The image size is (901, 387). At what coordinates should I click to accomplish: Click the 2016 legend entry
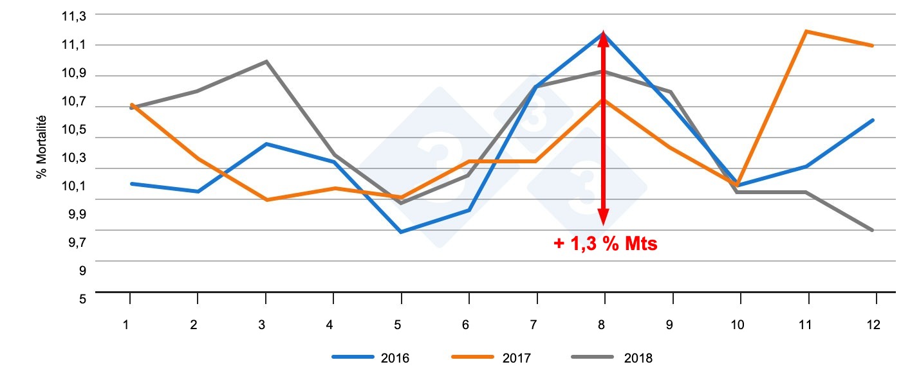tap(371, 358)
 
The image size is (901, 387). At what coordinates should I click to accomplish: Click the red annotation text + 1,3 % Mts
tap(606, 244)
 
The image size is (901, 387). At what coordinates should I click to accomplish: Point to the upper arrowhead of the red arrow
tap(604, 39)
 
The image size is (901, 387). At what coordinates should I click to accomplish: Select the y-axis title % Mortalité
tap(42, 147)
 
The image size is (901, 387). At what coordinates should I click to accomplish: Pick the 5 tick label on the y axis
tap(82, 299)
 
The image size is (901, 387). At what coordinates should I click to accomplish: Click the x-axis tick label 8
tap(602, 325)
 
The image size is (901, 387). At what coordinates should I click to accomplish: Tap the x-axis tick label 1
tap(126, 325)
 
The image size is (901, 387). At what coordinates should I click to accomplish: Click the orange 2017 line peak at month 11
tap(806, 31)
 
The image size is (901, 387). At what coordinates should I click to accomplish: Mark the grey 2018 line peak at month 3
tap(266, 61)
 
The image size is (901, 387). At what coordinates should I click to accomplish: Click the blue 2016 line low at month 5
tap(402, 231)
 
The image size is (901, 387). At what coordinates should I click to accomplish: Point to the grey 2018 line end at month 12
tap(873, 230)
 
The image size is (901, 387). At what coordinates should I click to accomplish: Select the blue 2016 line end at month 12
tap(873, 120)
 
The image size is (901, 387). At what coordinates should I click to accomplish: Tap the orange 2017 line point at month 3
tap(266, 200)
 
